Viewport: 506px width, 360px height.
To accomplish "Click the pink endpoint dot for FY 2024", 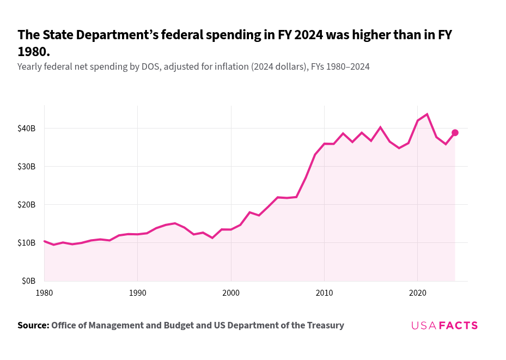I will pos(455,133).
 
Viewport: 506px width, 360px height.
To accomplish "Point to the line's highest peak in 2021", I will pos(427,114).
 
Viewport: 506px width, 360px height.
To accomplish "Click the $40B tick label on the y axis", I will pos(26,129).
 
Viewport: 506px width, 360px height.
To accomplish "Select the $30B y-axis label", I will pos(26,167).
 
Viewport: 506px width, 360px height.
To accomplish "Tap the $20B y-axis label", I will pos(26,205).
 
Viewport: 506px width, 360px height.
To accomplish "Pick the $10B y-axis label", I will pos(26,243).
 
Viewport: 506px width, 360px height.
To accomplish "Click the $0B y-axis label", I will pos(28,281).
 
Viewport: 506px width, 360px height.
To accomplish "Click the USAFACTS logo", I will pos(444,326).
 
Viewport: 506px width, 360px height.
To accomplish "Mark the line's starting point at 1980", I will pos(44,241).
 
